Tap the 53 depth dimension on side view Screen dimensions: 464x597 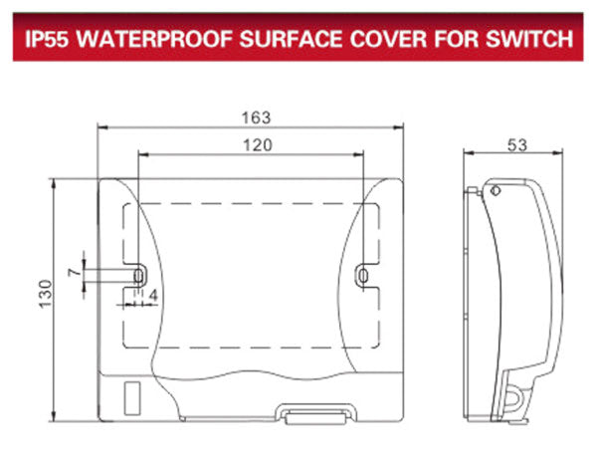pyautogui.click(x=516, y=145)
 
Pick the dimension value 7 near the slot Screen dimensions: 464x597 pyautogui.click(x=73, y=272)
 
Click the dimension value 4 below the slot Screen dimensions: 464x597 pyautogui.click(x=152, y=296)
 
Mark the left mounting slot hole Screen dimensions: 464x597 pyautogui.click(x=139, y=272)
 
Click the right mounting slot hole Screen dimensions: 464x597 pyautogui.click(x=364, y=273)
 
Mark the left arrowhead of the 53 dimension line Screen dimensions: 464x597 pyautogui.click(x=470, y=153)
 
